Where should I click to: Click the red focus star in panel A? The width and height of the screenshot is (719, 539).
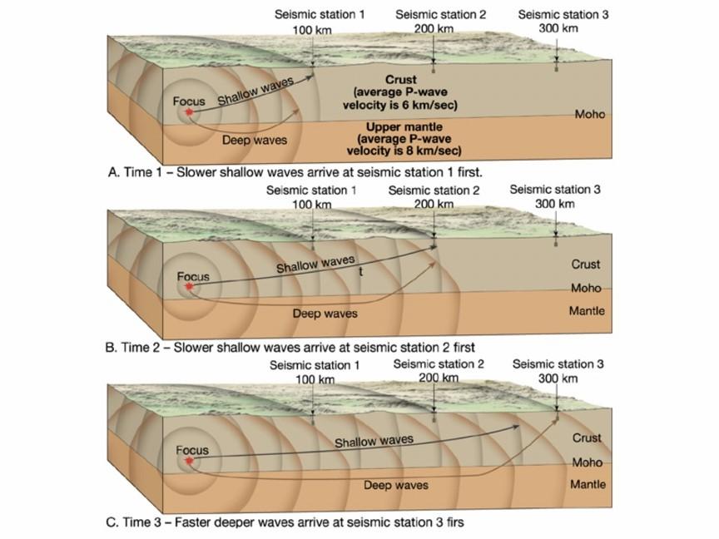click(x=188, y=111)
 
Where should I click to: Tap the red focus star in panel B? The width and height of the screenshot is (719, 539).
click(x=190, y=286)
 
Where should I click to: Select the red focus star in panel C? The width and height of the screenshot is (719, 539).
click(x=190, y=461)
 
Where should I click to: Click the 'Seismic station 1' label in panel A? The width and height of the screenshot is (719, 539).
click(x=320, y=15)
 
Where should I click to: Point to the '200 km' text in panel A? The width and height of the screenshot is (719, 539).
click(x=434, y=29)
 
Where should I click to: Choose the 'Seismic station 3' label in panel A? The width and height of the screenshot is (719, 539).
click(x=563, y=15)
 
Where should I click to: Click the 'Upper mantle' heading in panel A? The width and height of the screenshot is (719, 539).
click(x=404, y=126)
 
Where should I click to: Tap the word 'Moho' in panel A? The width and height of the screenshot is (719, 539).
click(x=590, y=114)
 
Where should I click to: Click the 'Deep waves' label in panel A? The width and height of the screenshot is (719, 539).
click(x=255, y=140)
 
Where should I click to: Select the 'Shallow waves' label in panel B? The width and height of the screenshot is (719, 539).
click(x=315, y=264)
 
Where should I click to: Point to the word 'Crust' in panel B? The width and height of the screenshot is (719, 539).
click(x=586, y=264)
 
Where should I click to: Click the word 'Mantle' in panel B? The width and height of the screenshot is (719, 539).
click(x=587, y=311)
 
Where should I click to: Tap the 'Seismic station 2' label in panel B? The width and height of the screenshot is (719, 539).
click(x=434, y=190)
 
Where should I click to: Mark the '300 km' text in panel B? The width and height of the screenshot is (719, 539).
click(x=555, y=204)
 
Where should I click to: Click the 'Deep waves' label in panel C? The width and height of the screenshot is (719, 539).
click(x=396, y=485)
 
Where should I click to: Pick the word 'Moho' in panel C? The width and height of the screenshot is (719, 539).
click(x=587, y=462)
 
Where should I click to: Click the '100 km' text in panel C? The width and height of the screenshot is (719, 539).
click(x=315, y=379)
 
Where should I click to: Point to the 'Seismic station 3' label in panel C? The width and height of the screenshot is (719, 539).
click(x=558, y=364)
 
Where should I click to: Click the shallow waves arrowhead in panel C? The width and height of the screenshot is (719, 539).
click(x=516, y=427)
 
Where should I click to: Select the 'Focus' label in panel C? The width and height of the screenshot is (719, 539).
click(x=192, y=451)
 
